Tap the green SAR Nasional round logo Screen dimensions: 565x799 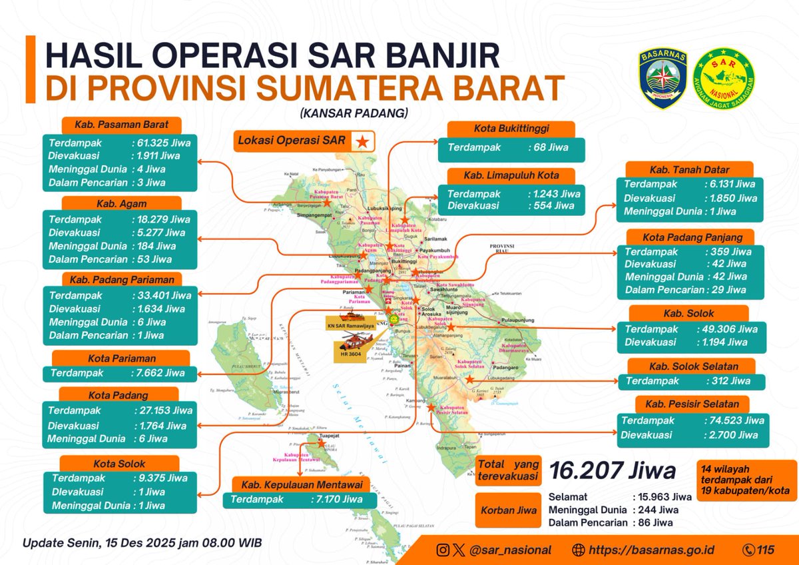coord(723,78)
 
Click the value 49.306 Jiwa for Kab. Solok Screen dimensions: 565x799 coord(730,329)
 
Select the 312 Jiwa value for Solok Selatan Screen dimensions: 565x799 coord(727,382)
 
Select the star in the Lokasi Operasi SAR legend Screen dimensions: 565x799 coord(362,141)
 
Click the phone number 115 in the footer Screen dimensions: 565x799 coord(766,550)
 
